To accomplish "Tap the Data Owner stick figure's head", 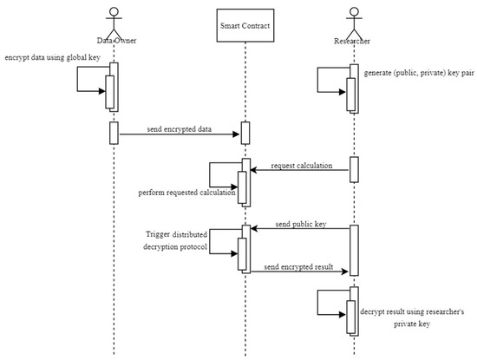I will click(114, 10).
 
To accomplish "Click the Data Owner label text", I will click(114, 38).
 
